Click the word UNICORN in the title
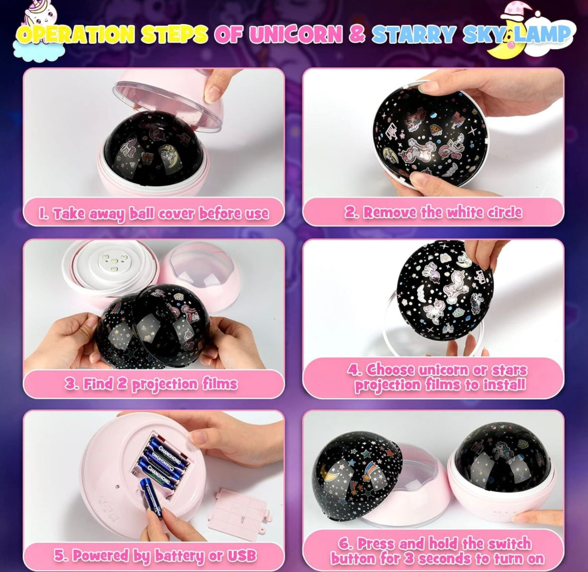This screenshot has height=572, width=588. point(296,35)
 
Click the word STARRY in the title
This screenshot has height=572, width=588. point(415,35)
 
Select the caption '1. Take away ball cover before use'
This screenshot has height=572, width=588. point(154,213)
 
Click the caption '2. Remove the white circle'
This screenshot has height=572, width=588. point(433,212)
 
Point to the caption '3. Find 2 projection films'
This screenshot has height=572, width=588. point(151,384)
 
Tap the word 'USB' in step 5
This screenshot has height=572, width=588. point(241,555)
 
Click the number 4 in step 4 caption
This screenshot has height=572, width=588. point(353,370)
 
